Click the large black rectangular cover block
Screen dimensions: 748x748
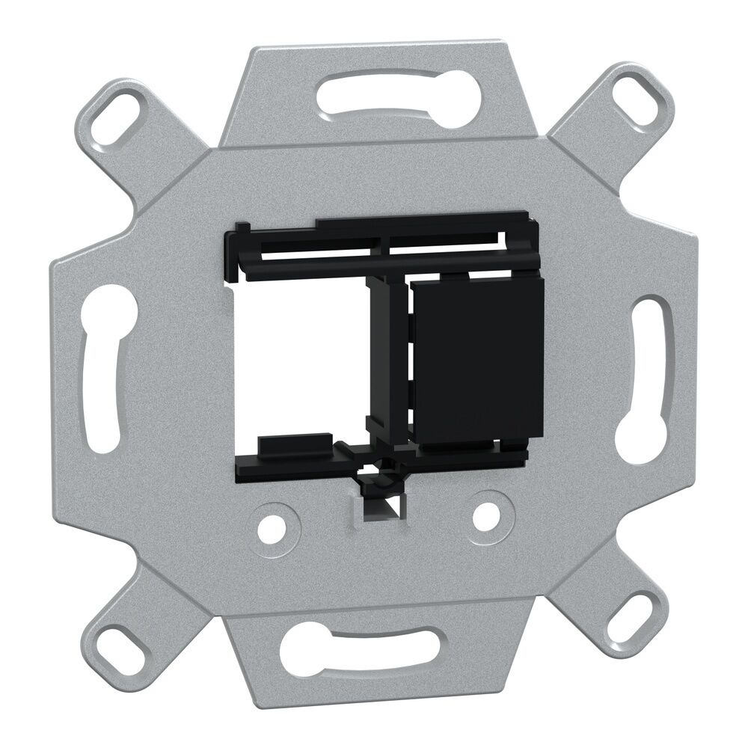click(477, 359)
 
